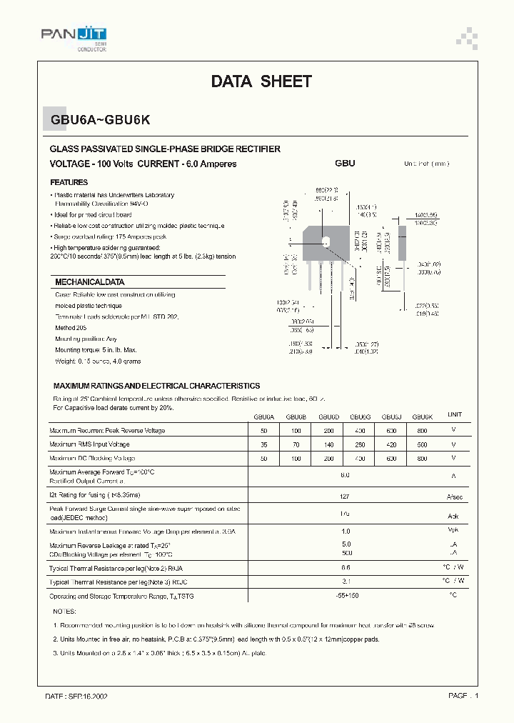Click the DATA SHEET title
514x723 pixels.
[x=261, y=81]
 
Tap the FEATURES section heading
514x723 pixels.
[x=69, y=182]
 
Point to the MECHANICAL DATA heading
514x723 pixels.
[x=90, y=281]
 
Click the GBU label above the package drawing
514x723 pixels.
[x=345, y=163]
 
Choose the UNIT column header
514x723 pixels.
[x=454, y=414]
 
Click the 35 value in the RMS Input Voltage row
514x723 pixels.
[x=263, y=444]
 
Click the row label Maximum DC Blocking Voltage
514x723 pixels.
[x=92, y=458]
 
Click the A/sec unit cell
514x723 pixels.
[x=453, y=496]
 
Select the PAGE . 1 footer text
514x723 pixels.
[x=463, y=695]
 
